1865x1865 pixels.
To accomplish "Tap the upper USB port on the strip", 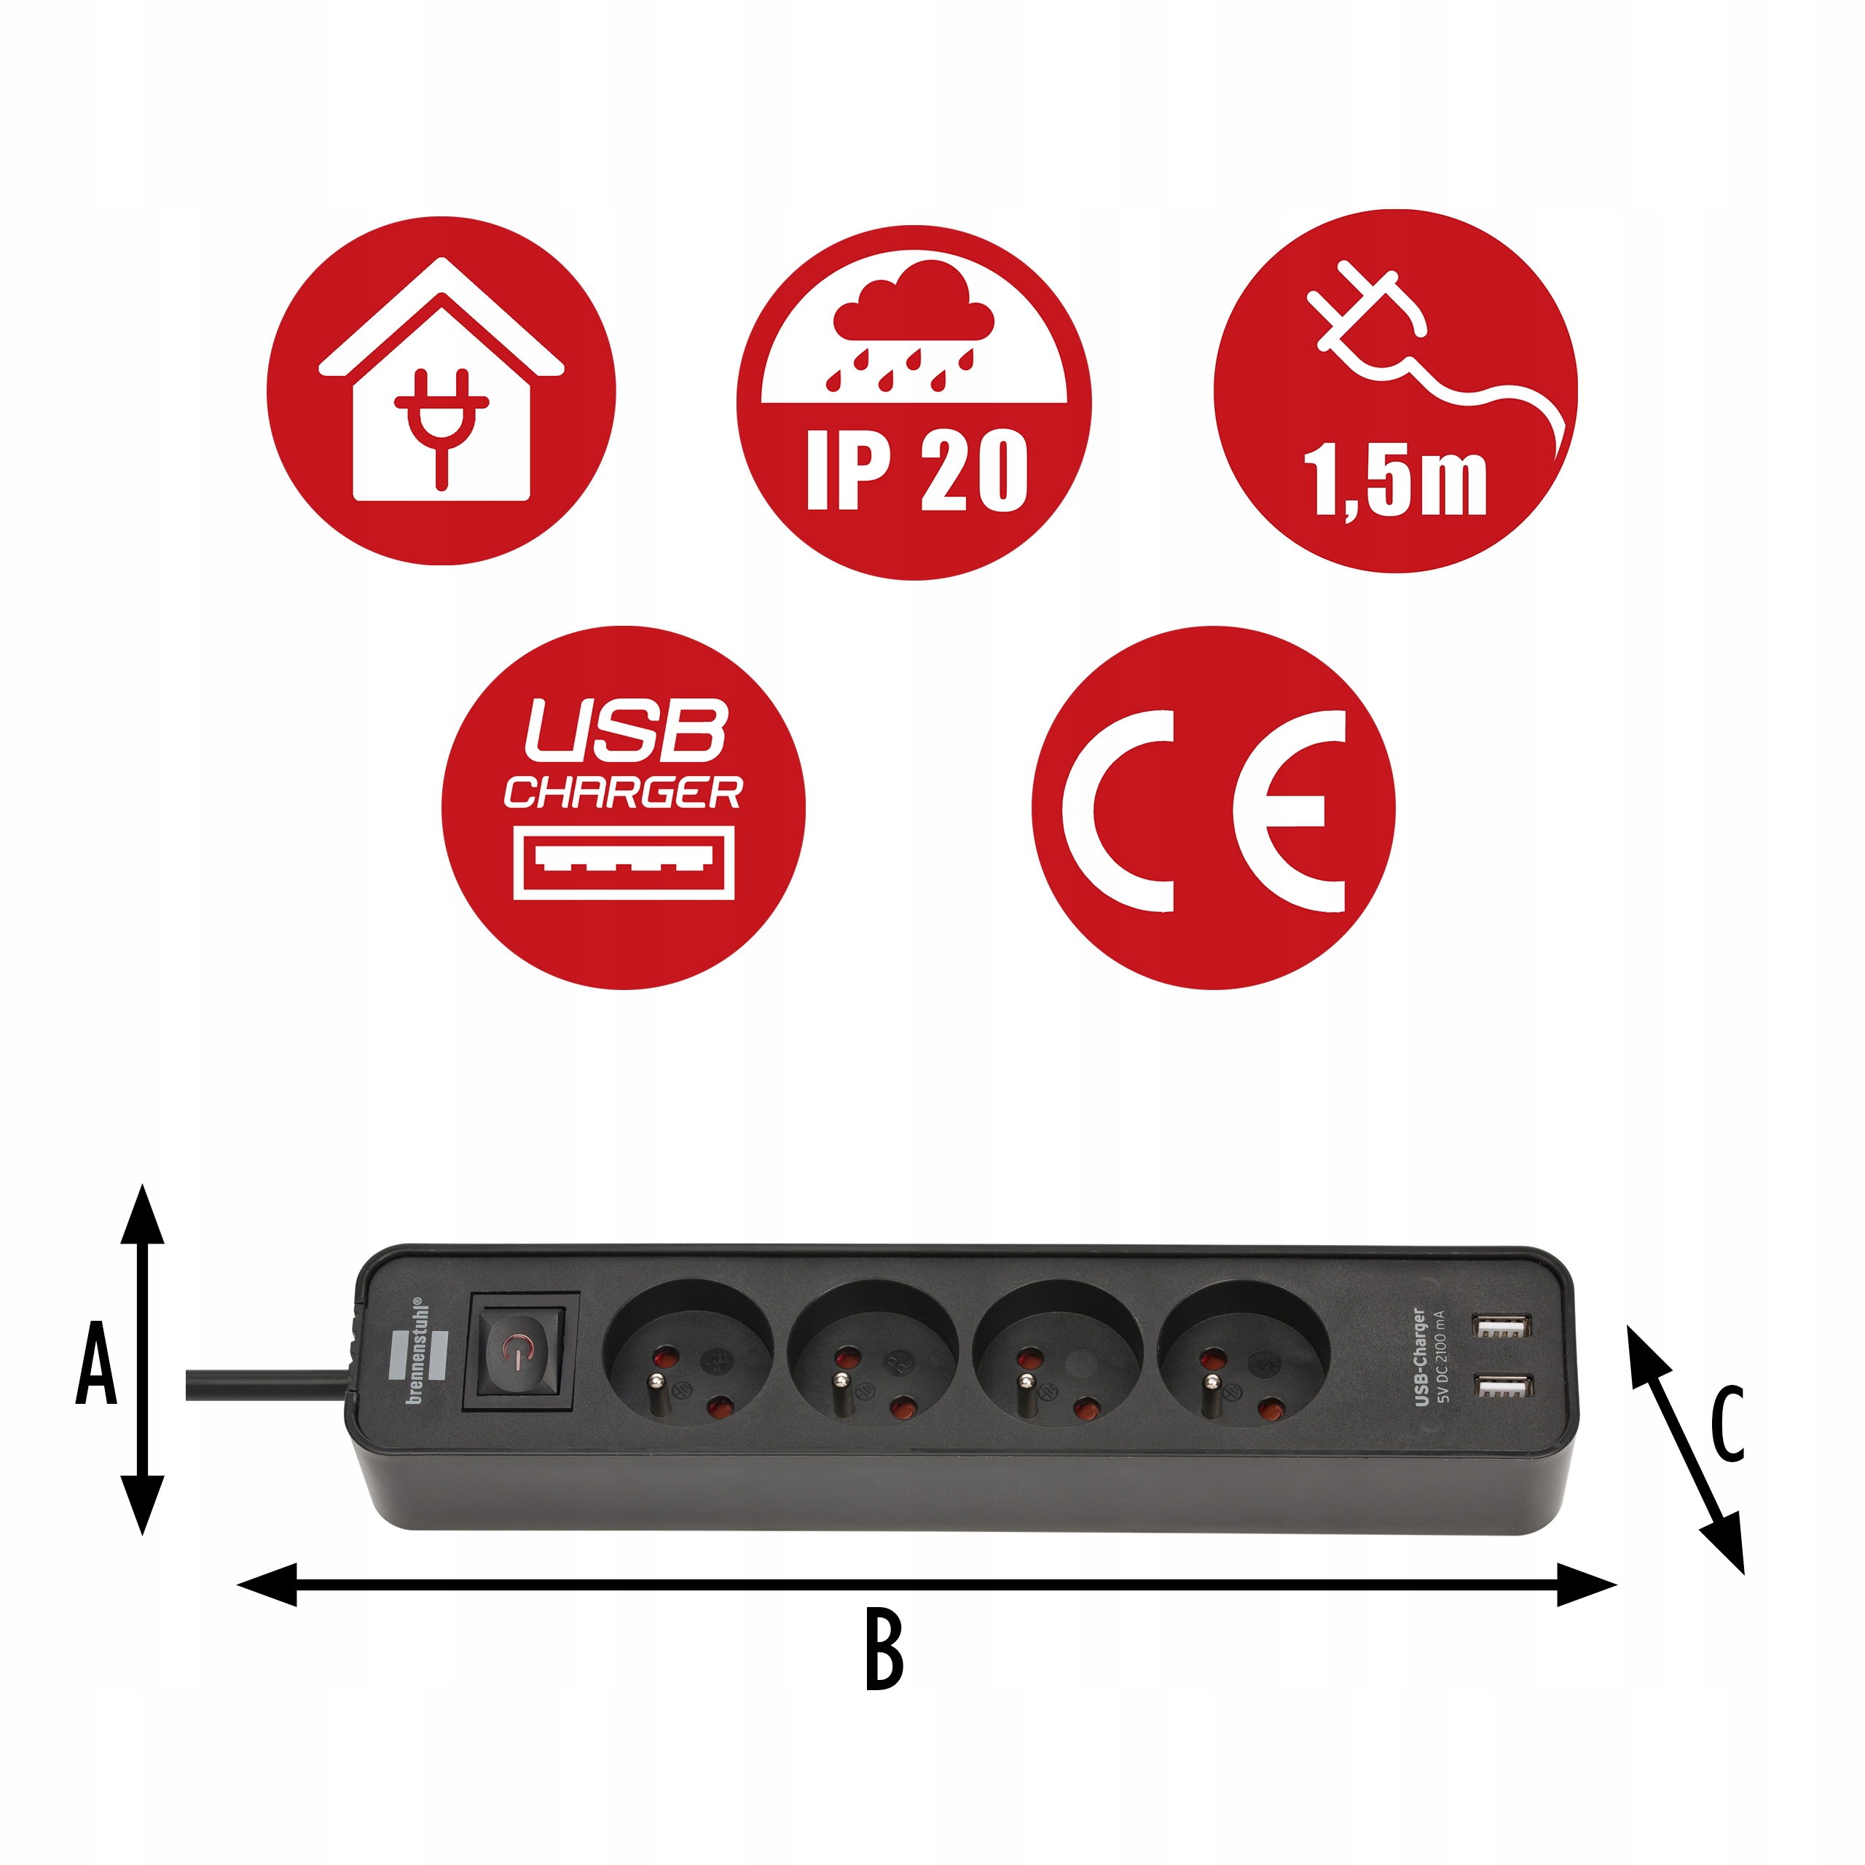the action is [x=1502, y=1327].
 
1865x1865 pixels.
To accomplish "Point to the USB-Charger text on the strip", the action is [x=1419, y=1356].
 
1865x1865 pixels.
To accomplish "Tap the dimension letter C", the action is [x=1727, y=1423].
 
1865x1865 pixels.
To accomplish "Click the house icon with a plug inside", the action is [x=441, y=386].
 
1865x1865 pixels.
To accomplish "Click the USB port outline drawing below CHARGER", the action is [x=624, y=862].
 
